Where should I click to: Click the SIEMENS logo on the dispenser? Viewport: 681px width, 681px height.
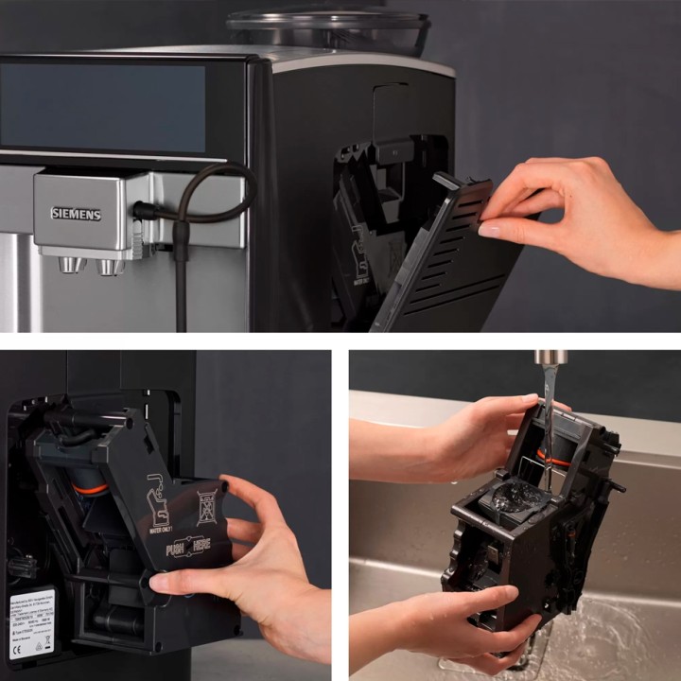click(x=76, y=214)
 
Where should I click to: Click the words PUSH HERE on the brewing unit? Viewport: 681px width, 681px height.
click(x=185, y=550)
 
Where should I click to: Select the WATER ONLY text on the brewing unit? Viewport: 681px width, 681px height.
click(x=162, y=529)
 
